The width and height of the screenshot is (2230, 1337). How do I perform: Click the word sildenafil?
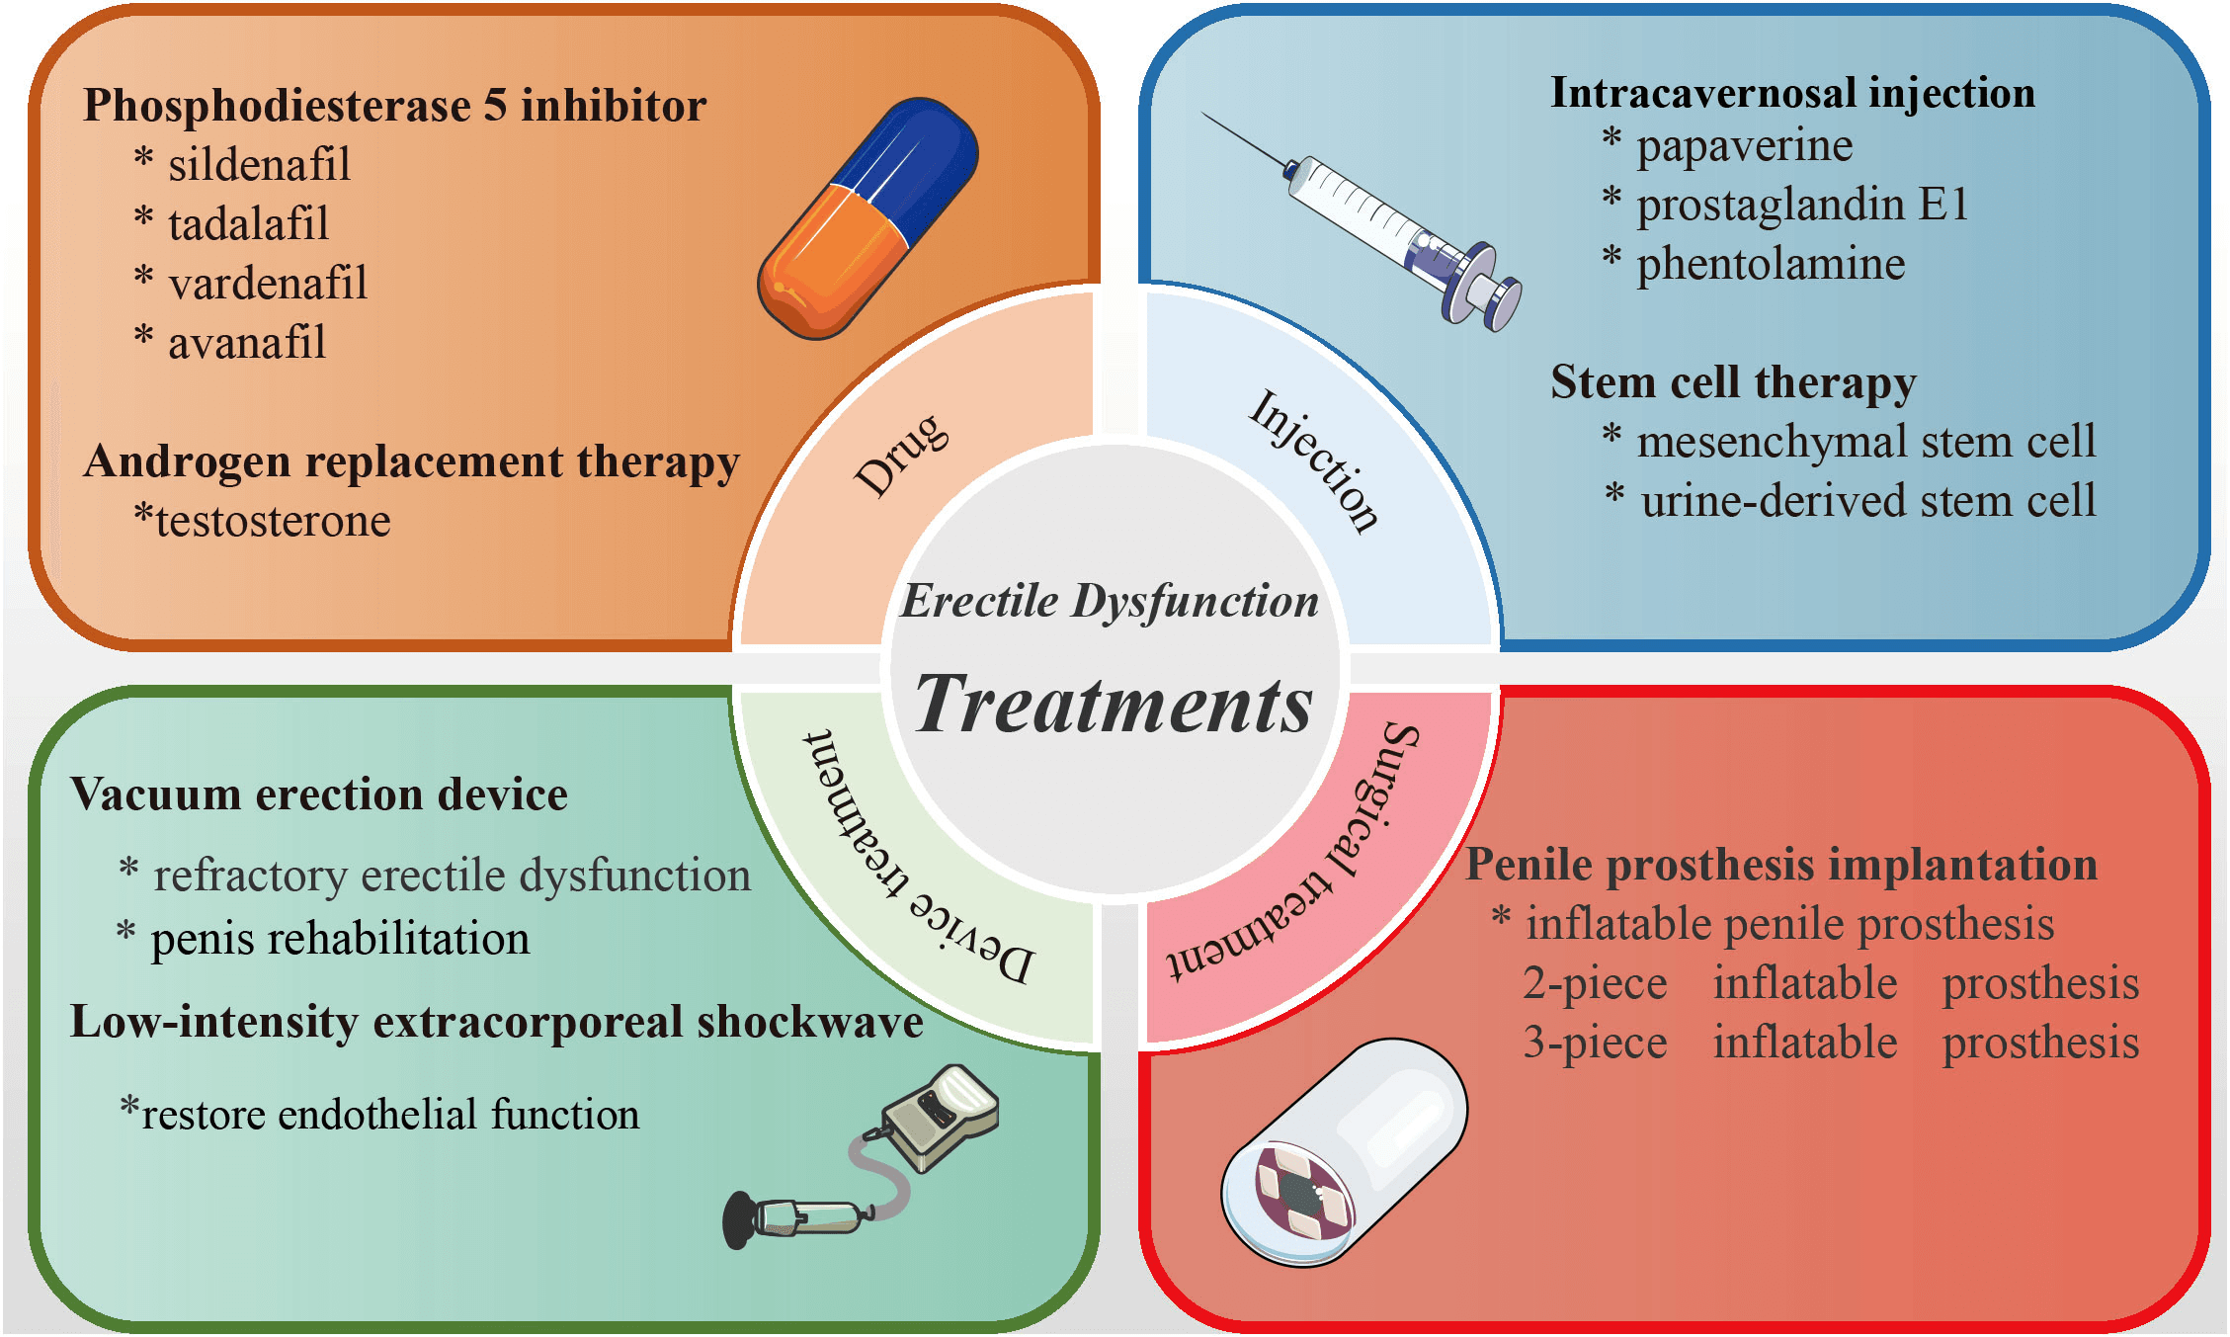[259, 165]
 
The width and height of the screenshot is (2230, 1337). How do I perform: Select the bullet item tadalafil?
[248, 224]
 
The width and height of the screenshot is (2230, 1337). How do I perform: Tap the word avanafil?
[246, 343]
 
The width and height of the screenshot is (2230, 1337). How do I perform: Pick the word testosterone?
[273, 521]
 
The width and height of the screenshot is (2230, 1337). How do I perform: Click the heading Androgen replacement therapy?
[411, 461]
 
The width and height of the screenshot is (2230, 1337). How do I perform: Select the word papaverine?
[1744, 146]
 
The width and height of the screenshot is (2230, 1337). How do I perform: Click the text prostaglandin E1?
[1802, 206]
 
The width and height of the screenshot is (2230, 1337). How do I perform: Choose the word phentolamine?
[1771, 265]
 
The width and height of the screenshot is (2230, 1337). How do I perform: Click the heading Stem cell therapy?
[1733, 382]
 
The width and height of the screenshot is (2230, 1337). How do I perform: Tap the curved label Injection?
[1314, 460]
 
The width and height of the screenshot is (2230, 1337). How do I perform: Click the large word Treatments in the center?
[1114, 705]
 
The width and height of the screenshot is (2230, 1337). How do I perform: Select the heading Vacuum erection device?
[319, 794]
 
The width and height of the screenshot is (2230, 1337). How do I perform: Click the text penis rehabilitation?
[340, 939]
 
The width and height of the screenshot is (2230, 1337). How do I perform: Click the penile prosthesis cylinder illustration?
[1344, 1151]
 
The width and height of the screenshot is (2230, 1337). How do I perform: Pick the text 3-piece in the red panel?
[1594, 1044]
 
